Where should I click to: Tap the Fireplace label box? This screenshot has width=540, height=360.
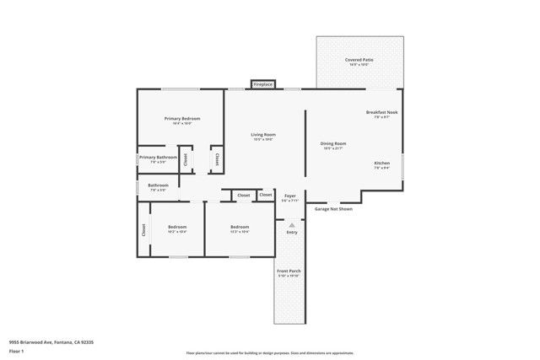[263, 84]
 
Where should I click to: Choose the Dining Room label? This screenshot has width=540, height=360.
[333, 144]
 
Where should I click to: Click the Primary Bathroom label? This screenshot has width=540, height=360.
[158, 158]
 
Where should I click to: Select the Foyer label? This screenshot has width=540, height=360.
[289, 196]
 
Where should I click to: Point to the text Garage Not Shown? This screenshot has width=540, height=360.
[333, 208]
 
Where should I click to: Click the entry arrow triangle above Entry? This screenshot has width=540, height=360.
[292, 225]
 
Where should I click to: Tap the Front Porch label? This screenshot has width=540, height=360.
[289, 271]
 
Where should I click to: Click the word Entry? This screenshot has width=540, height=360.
[292, 233]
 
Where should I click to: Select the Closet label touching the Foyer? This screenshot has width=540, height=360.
[266, 196]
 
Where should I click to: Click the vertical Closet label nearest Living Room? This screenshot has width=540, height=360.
[217, 158]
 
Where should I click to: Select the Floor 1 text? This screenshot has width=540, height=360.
[16, 352]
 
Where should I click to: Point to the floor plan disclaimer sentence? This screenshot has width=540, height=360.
[270, 353]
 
